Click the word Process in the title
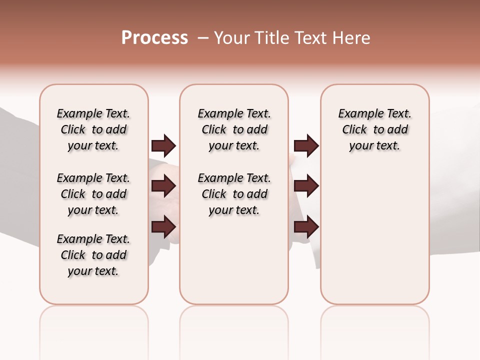(x=154, y=38)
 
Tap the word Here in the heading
(x=352, y=38)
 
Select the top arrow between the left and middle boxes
(x=163, y=145)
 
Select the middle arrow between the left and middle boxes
(x=163, y=186)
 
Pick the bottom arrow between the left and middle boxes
(x=163, y=227)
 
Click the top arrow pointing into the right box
(x=306, y=145)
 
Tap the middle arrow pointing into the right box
(x=306, y=186)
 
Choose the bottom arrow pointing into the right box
(x=306, y=227)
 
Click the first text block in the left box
(x=93, y=129)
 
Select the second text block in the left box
(x=93, y=194)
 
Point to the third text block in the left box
(x=93, y=255)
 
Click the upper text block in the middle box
(x=234, y=129)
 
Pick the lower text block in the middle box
(x=234, y=194)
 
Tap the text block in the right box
(x=374, y=129)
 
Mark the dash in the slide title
(x=203, y=38)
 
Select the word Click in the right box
(x=354, y=130)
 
